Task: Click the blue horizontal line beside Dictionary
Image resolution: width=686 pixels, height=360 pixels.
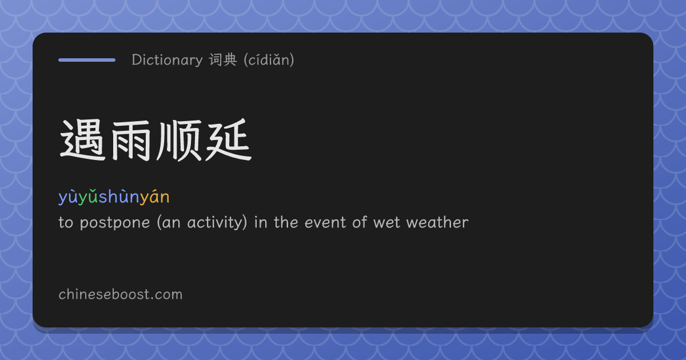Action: click(x=87, y=60)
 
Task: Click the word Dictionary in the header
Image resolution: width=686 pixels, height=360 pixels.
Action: click(x=167, y=60)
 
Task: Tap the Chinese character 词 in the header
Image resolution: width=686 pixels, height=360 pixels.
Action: click(x=216, y=59)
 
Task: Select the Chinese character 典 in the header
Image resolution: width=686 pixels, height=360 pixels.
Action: click(x=230, y=59)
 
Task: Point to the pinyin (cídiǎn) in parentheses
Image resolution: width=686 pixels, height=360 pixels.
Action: click(x=269, y=59)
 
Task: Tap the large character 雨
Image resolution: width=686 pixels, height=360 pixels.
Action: click(x=131, y=141)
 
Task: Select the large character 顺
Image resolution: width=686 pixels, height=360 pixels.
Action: click(x=179, y=141)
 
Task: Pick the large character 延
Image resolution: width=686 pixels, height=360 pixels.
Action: click(x=229, y=140)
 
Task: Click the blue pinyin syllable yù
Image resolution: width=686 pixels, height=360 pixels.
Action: click(x=68, y=197)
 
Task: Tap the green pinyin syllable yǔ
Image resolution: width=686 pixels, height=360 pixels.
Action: click(x=88, y=197)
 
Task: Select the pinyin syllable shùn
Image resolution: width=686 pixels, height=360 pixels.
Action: click(x=119, y=197)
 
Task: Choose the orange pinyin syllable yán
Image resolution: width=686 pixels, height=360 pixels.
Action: click(x=155, y=197)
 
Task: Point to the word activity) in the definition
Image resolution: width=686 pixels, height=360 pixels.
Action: click(x=217, y=222)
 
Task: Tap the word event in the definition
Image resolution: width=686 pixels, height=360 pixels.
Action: click(x=325, y=222)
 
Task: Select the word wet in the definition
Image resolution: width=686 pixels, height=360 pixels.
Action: click(x=387, y=222)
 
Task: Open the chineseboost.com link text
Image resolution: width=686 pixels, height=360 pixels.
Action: click(x=121, y=294)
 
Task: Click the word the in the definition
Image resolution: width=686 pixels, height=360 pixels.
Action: click(x=286, y=222)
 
